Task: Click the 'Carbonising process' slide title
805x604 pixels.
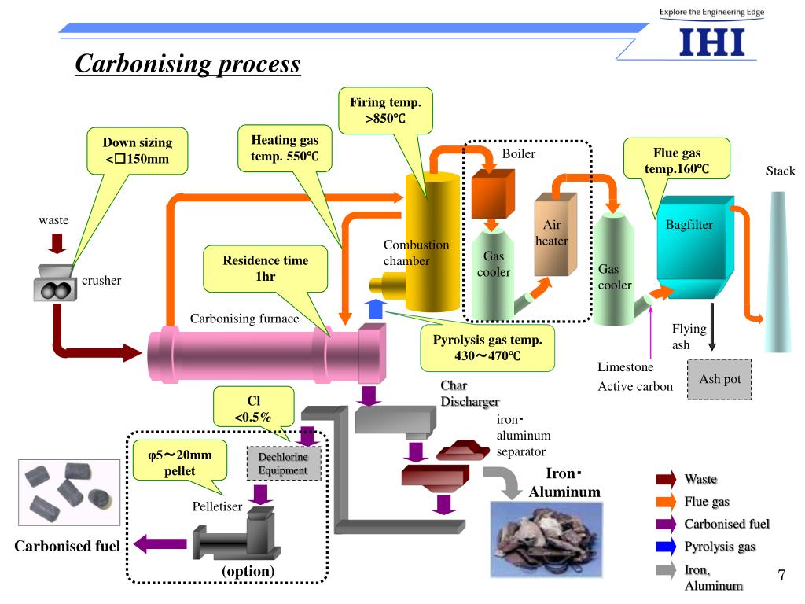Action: (188, 63)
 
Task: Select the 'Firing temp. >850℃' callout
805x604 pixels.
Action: (385, 111)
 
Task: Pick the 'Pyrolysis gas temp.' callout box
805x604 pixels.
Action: (487, 348)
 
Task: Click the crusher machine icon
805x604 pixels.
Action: (56, 286)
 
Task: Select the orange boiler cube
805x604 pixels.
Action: (492, 193)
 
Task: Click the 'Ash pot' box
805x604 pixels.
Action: (719, 379)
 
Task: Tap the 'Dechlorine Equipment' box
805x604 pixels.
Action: (284, 462)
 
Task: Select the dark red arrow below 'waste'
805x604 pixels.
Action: (56, 243)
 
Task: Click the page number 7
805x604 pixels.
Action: (781, 575)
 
